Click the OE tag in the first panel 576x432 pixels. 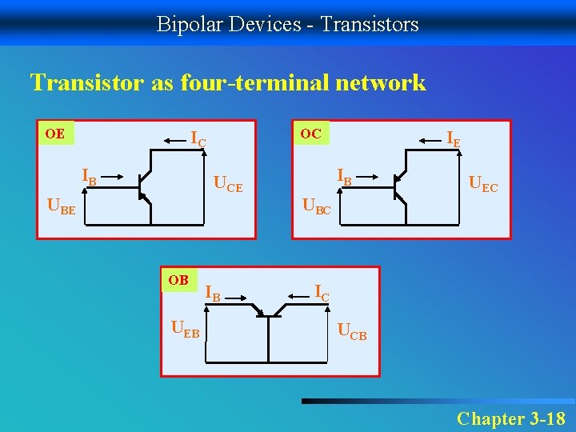(x=55, y=133)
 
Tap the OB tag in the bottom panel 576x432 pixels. (x=178, y=280)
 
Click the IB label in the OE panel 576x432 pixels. (x=89, y=176)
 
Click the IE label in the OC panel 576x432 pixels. (x=453, y=139)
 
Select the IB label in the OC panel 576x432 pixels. (x=344, y=176)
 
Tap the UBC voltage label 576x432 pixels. (x=316, y=207)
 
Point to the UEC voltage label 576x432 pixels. (x=483, y=186)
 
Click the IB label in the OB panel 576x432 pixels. (x=213, y=293)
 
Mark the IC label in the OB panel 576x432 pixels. (x=321, y=293)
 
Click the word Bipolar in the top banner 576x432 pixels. (x=184, y=24)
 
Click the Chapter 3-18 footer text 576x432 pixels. (x=510, y=418)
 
